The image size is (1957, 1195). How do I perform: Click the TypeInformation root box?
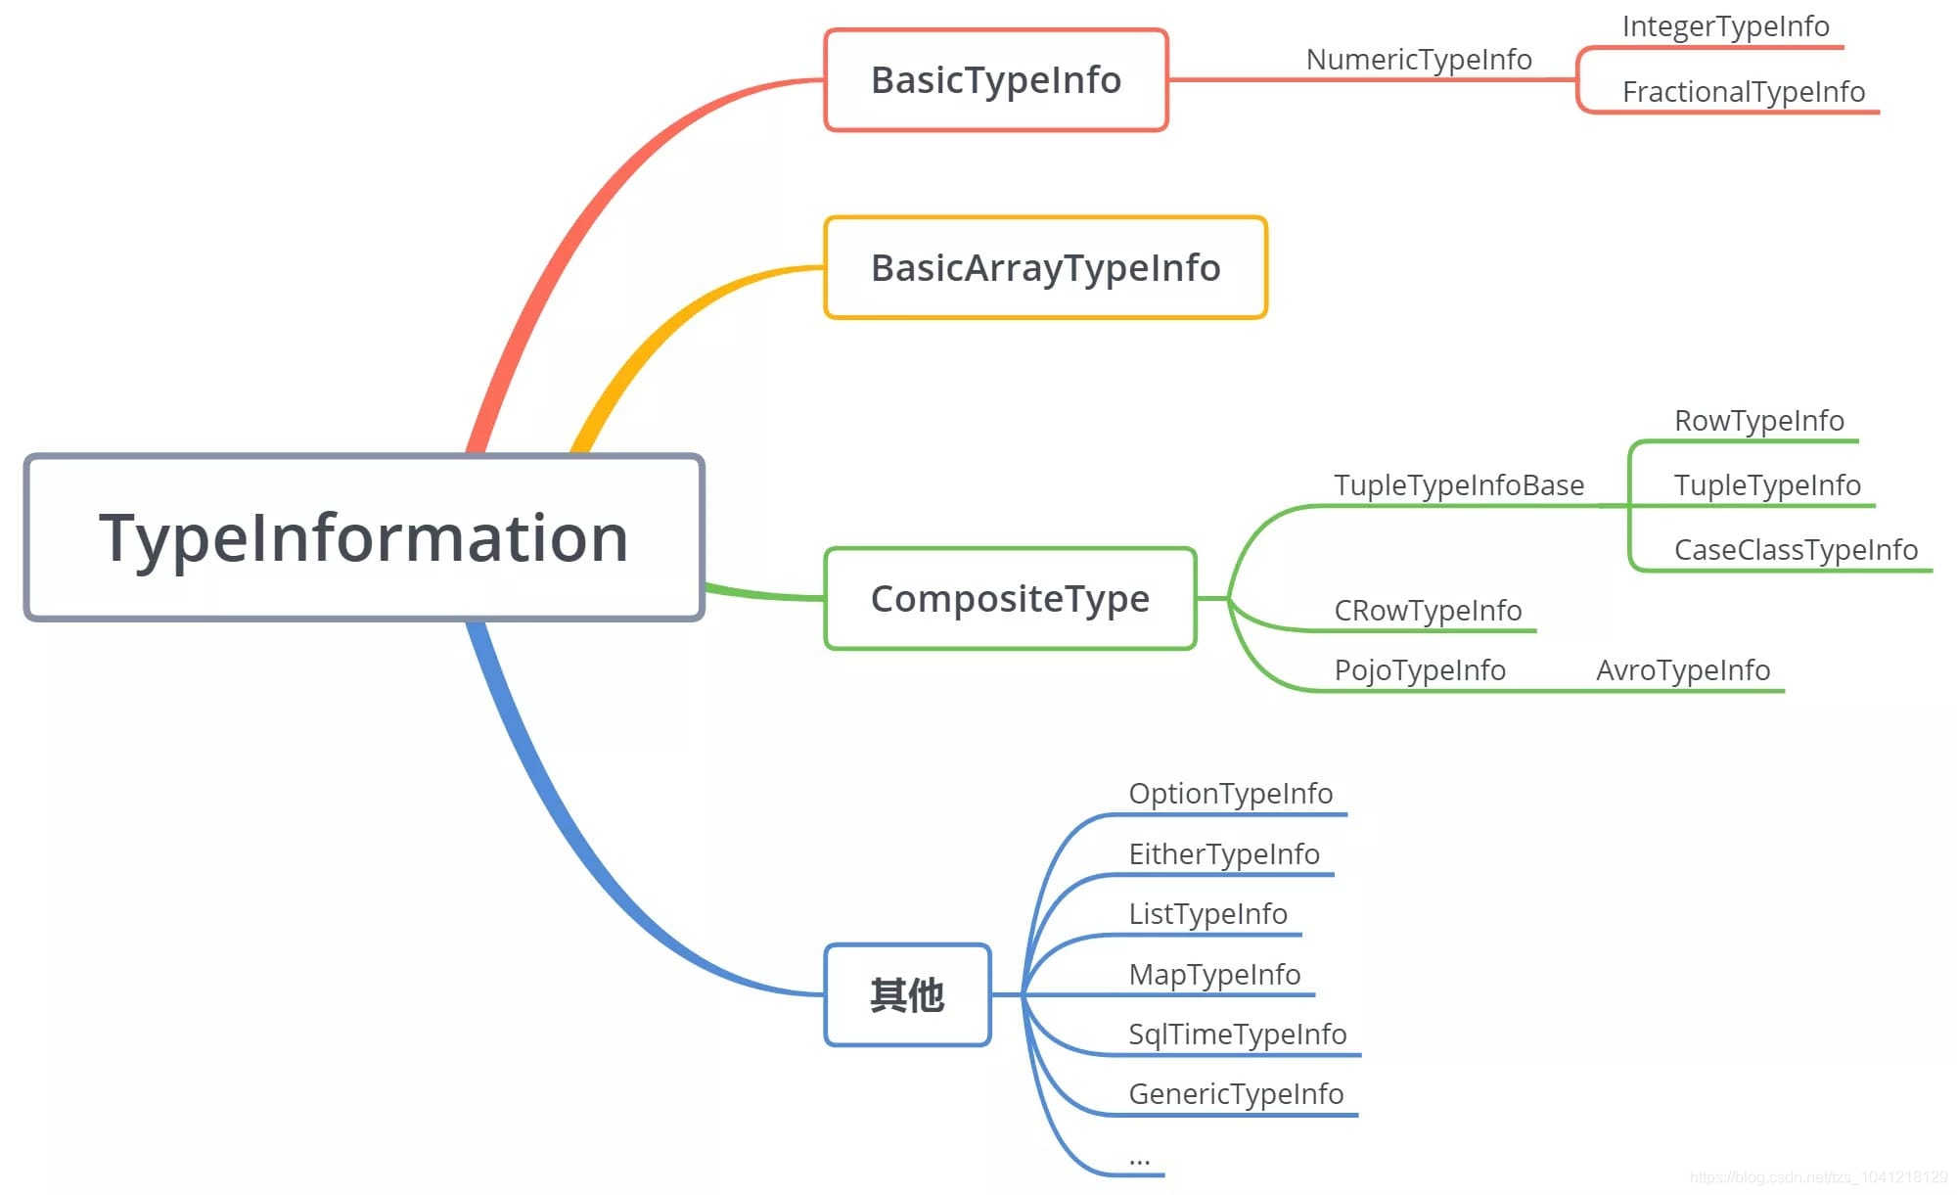tap(364, 537)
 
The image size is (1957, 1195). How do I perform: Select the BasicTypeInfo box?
tap(996, 80)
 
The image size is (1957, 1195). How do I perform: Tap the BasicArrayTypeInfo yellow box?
tap(1045, 268)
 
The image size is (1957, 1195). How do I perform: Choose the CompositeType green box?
tap(1010, 599)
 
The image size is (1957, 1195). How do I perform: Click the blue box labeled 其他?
tap(907, 995)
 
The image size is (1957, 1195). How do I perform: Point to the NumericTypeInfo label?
tap(1419, 60)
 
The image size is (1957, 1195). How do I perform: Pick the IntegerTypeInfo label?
tap(1725, 26)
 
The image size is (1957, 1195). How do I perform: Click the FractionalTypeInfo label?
tap(1743, 92)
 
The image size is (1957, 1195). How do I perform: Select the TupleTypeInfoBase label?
tap(1458, 485)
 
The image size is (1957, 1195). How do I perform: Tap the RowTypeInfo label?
tap(1758, 421)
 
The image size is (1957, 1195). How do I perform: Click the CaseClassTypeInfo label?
tap(1796, 550)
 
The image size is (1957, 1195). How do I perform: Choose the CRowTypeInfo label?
tap(1428, 611)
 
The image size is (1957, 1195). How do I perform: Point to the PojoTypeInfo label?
tap(1419, 670)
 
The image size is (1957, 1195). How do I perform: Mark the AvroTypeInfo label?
tap(1682, 670)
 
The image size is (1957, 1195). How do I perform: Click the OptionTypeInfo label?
tap(1230, 794)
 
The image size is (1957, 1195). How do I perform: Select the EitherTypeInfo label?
tap(1223, 854)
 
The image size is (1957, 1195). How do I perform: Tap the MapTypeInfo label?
tap(1213, 975)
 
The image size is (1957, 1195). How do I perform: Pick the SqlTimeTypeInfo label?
tap(1237, 1034)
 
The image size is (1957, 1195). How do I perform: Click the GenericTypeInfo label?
tap(1235, 1094)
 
